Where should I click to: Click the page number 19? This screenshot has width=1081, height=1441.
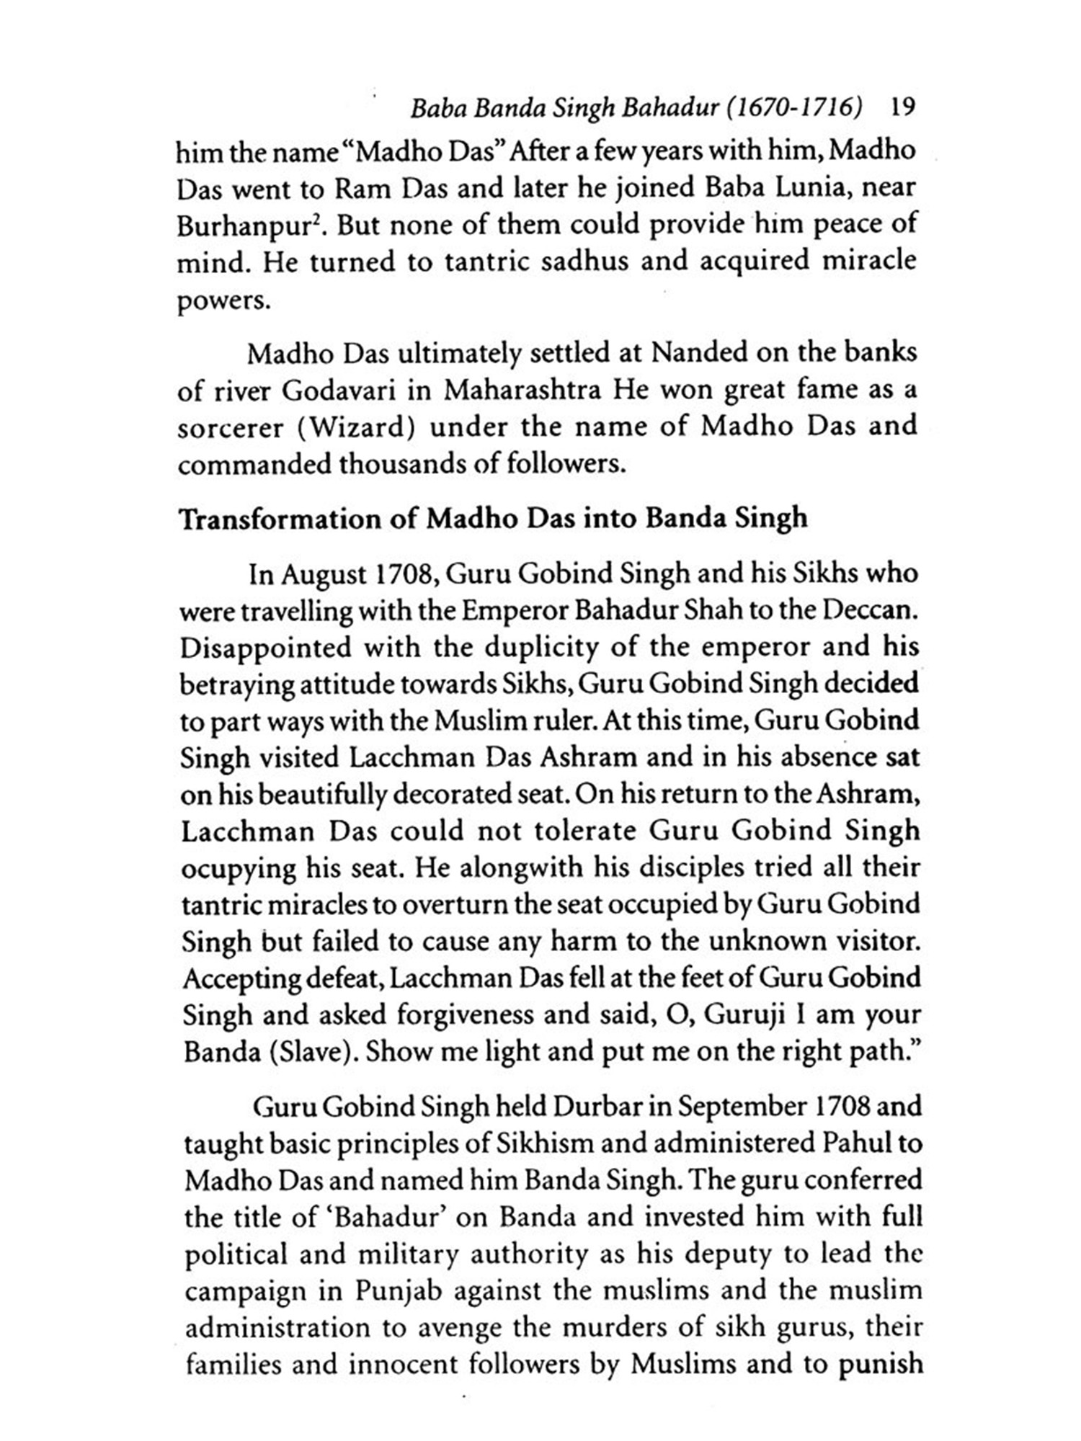903,108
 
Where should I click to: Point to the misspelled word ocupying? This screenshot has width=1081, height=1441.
238,868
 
